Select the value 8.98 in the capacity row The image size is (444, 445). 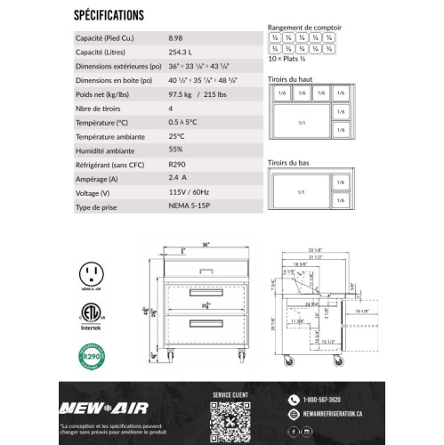pos(175,39)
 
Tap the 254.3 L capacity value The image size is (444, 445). pos(179,53)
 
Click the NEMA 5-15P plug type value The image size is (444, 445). pos(186,206)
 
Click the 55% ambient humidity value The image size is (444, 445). pos(175,150)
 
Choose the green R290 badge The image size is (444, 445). pos(90,359)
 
